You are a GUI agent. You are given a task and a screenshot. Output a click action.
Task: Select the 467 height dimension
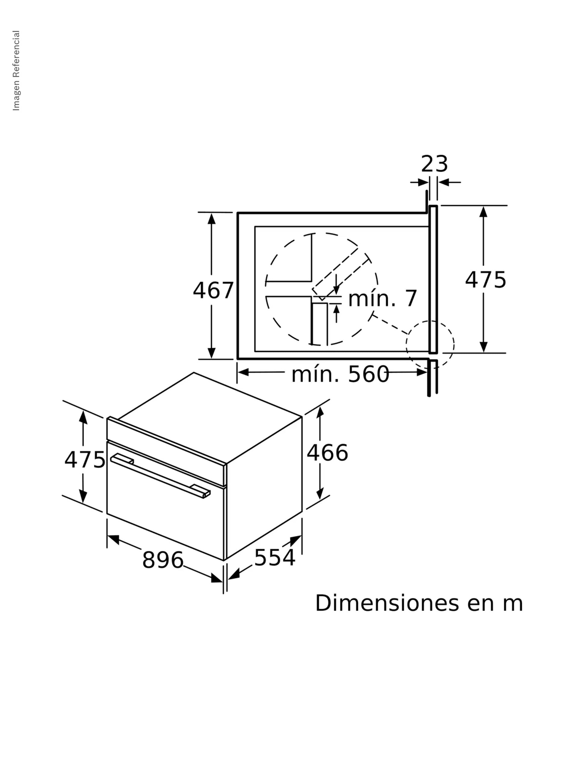(x=213, y=290)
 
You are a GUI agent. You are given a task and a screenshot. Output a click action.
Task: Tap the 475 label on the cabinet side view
(x=485, y=280)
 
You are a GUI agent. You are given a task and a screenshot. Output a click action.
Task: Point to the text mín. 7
(x=382, y=299)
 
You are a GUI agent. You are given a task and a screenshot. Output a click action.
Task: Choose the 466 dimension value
(x=327, y=453)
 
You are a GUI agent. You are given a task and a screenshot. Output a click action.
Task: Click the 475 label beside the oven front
(x=84, y=459)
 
